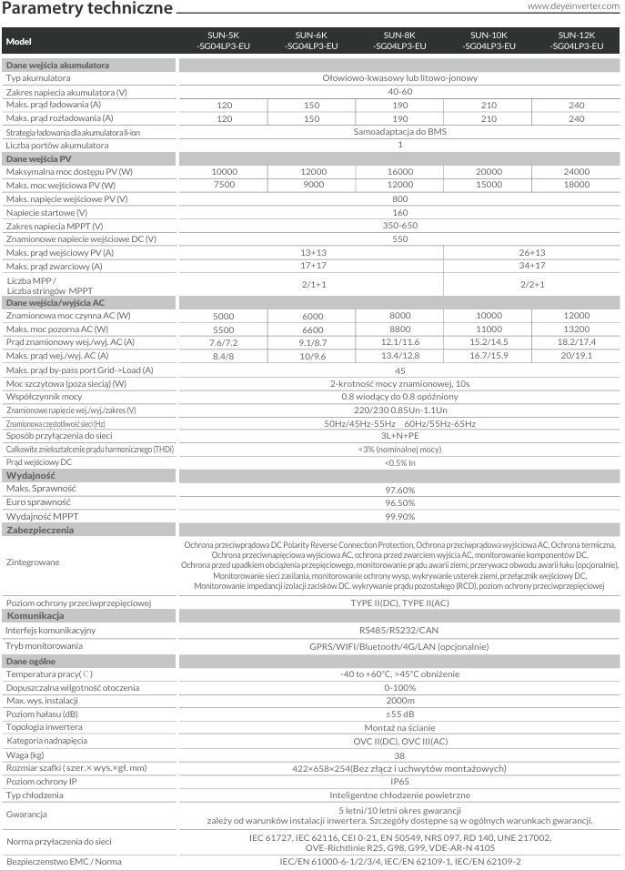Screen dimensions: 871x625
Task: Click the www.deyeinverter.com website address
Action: coord(574,8)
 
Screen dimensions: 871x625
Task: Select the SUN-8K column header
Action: coord(400,42)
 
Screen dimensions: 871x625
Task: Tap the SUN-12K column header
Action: coord(577,42)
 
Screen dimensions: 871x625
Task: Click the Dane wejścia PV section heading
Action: coord(39,159)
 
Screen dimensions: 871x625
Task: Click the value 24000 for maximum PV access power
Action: coord(577,172)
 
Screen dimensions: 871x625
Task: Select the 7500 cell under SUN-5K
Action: coord(225,186)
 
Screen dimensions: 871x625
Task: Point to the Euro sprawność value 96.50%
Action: coord(400,502)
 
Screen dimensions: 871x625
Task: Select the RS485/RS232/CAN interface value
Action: coord(400,630)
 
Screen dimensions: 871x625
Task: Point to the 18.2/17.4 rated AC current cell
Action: coord(577,341)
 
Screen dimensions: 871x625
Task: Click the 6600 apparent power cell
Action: coord(312,329)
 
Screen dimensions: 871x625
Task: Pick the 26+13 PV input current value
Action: coord(532,251)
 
